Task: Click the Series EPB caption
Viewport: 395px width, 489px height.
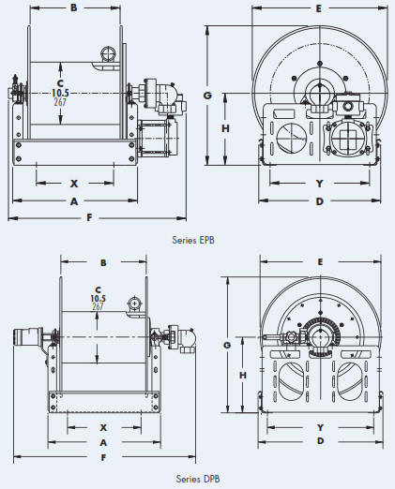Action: click(193, 240)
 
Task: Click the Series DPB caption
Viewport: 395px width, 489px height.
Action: click(198, 479)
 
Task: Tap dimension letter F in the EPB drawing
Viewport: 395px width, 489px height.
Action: click(89, 217)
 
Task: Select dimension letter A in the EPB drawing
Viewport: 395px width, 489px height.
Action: click(74, 201)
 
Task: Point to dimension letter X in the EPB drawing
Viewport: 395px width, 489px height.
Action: click(74, 184)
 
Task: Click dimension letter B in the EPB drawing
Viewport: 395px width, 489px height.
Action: click(73, 7)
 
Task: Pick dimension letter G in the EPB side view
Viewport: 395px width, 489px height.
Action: click(207, 96)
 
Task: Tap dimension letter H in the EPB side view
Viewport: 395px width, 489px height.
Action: click(225, 128)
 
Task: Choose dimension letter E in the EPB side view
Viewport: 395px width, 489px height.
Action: click(318, 8)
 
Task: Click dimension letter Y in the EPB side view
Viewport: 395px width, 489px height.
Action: click(319, 184)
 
